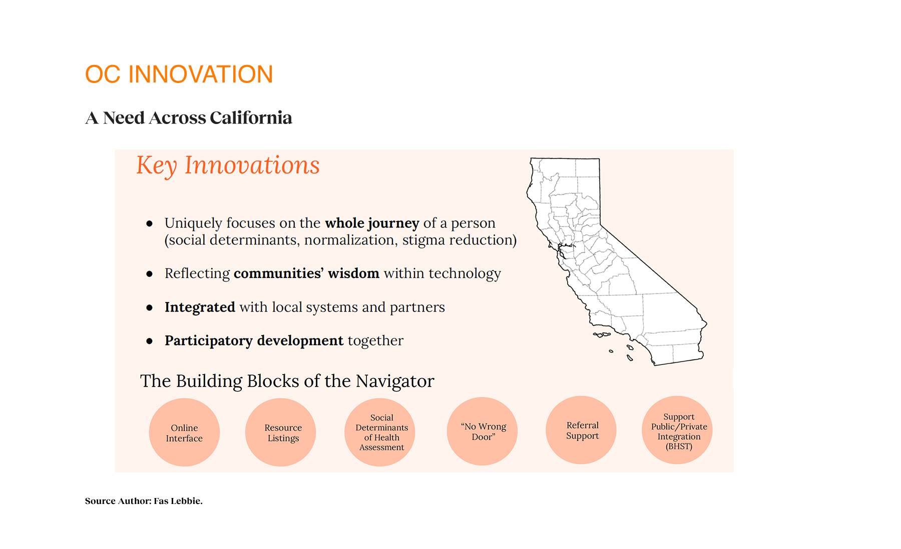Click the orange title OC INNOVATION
pyautogui.click(x=179, y=74)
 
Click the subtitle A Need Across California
pyautogui.click(x=189, y=118)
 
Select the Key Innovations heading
pyautogui.click(x=228, y=165)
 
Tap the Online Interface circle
pyautogui.click(x=184, y=432)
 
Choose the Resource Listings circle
pyautogui.click(x=281, y=432)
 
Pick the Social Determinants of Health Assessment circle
pyautogui.click(x=380, y=432)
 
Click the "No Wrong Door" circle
pyautogui.click(x=482, y=431)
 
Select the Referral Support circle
pyautogui.click(x=581, y=430)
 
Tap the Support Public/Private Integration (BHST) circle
pyautogui.click(x=677, y=430)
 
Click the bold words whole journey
pyautogui.click(x=372, y=223)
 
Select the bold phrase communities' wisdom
pyautogui.click(x=306, y=273)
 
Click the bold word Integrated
pyautogui.click(x=200, y=307)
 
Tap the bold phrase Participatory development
pyautogui.click(x=254, y=340)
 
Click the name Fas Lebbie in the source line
pyautogui.click(x=177, y=501)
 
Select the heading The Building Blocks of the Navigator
pyautogui.click(x=287, y=381)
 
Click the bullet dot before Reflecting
pyautogui.click(x=149, y=274)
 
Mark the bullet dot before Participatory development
pyautogui.click(x=149, y=341)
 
